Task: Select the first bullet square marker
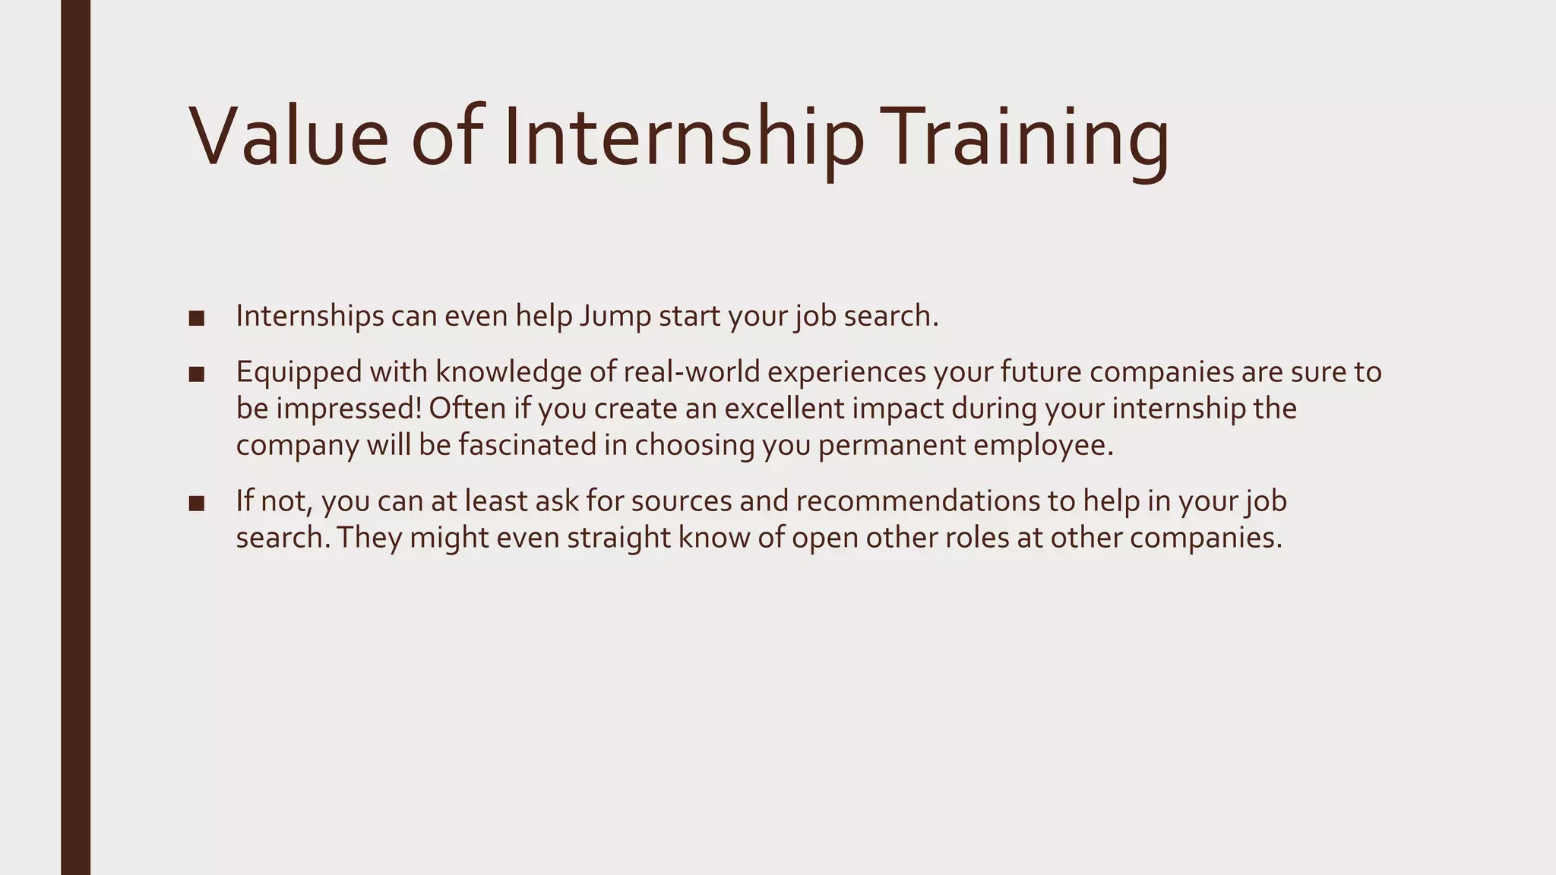pos(197,318)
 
